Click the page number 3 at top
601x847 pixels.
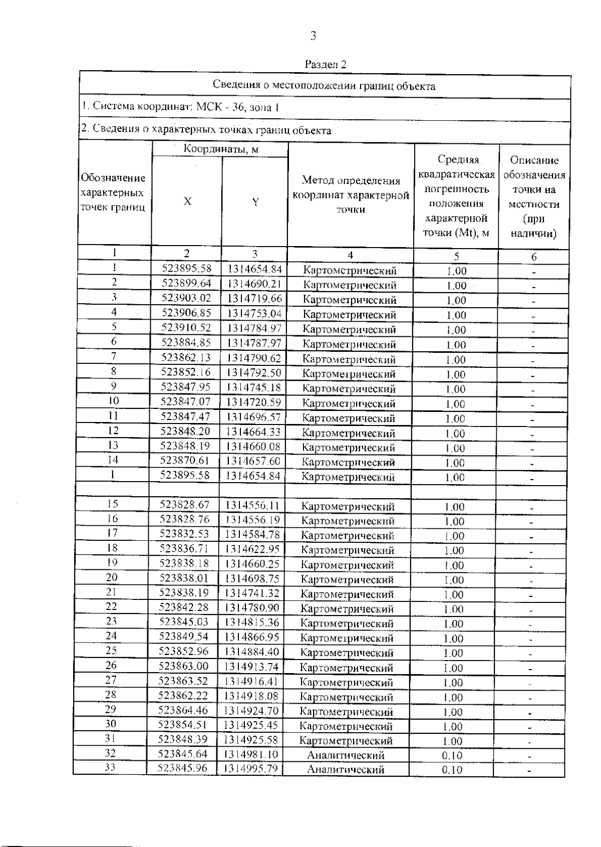coord(314,36)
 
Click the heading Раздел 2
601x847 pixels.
coord(326,65)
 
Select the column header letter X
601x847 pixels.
coord(187,201)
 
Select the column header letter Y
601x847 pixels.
coord(255,202)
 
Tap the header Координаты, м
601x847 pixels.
coord(221,149)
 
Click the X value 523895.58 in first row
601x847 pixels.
coord(187,269)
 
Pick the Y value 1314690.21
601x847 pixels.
coord(254,284)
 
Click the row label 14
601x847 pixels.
coord(113,460)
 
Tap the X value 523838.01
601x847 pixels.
coord(184,578)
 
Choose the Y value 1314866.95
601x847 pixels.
coord(252,637)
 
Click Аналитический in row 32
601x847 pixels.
coord(346,755)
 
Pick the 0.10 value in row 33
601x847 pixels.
coord(452,770)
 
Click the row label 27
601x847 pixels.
coord(111,680)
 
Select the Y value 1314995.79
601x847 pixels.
coord(250,768)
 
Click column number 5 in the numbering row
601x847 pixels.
coord(456,256)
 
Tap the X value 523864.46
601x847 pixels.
coord(183,710)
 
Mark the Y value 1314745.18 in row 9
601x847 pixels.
coord(254,387)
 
